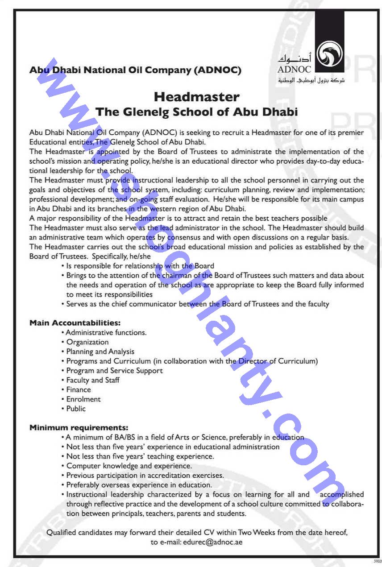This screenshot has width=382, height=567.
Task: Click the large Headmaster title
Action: tap(196, 97)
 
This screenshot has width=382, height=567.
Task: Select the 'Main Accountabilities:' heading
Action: tap(75, 323)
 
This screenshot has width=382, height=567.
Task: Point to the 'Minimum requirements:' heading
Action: tap(79, 428)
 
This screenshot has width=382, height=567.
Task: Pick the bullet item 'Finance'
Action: tap(79, 389)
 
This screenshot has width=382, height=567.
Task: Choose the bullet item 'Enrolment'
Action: tap(83, 399)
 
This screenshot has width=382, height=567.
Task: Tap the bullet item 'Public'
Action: tap(76, 409)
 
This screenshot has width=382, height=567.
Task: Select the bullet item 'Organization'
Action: tap(87, 342)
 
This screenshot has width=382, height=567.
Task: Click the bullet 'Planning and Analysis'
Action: tap(100, 352)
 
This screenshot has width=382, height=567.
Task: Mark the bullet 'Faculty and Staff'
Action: tap(93, 380)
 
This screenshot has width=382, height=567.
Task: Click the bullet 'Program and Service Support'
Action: tap(114, 371)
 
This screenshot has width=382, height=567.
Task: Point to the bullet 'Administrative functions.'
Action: tap(106, 332)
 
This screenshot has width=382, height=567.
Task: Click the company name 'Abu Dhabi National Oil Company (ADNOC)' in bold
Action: tap(135, 70)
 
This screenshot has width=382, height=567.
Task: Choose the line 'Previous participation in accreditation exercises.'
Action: tap(145, 476)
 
